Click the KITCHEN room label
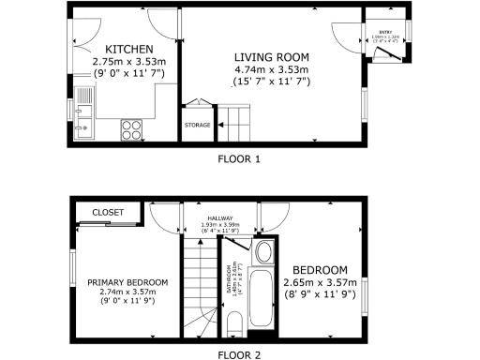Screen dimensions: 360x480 click(x=128, y=49)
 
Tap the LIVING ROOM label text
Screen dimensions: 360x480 click(x=271, y=56)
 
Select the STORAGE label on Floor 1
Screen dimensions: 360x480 click(x=197, y=125)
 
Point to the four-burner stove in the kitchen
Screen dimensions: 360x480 click(x=130, y=128)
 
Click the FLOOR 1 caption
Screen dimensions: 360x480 click(x=238, y=158)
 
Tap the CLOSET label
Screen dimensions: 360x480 click(x=108, y=214)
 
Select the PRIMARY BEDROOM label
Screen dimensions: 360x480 click(x=127, y=282)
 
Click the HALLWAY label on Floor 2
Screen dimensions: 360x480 click(x=222, y=218)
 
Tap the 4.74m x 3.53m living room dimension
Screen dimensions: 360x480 click(x=271, y=69)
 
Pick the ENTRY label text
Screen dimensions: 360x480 click(x=383, y=31)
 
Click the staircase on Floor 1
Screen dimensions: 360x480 click(x=235, y=120)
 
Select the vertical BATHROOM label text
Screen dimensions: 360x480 click(x=228, y=280)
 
